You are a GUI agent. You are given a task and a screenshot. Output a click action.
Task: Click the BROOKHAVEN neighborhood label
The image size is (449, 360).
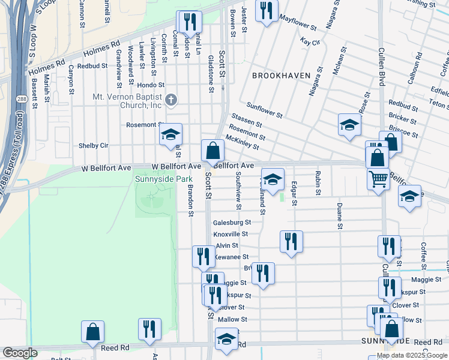281,76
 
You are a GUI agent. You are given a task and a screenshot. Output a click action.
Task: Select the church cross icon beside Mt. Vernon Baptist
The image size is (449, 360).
171,100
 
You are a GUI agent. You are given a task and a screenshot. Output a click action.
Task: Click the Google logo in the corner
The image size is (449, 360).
20,353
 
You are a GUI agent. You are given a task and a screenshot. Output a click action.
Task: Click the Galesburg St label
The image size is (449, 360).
231,223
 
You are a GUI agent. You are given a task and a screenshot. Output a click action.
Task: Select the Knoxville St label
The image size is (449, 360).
231,234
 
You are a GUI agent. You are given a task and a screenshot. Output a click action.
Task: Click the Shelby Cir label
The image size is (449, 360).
93,145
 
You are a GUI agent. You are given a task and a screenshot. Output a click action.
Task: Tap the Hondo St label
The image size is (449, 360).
146,85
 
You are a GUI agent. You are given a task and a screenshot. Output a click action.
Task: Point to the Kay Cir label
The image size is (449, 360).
309,42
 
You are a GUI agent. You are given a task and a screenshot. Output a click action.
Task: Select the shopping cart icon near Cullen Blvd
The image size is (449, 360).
378,178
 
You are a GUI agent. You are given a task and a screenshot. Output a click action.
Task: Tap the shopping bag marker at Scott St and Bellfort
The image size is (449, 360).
212,151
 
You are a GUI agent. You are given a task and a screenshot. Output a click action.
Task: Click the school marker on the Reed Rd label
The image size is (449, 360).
226,340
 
